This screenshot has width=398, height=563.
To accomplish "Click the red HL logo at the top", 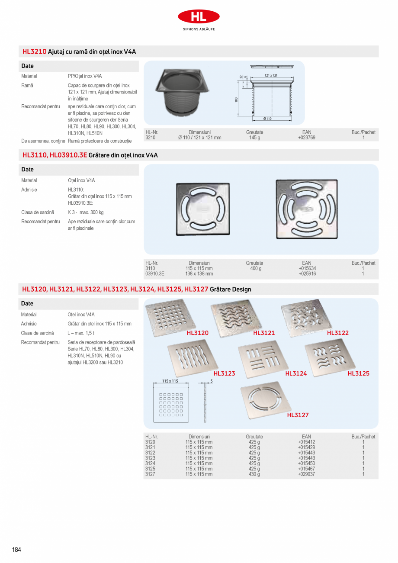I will click(x=199, y=17).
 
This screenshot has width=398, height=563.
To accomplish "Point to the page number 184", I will click(x=16, y=550).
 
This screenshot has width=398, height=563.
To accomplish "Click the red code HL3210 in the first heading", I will click(x=34, y=51).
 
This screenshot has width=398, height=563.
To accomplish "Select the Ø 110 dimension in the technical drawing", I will click(x=267, y=119).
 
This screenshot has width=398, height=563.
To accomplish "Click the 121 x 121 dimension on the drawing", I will click(x=271, y=75).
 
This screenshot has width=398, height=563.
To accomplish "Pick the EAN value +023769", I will click(x=306, y=138).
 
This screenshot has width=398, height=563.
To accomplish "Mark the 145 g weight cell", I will click(x=254, y=138).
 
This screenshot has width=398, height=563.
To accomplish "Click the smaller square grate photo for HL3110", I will click(x=202, y=209).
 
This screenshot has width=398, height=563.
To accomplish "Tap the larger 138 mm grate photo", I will click(x=306, y=209).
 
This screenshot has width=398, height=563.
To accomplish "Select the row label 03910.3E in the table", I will click(x=155, y=273).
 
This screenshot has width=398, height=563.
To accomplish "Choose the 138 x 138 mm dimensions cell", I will click(x=199, y=273).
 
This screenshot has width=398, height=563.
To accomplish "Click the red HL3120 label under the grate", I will click(x=198, y=333).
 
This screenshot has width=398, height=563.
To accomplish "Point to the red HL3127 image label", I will click(x=298, y=415).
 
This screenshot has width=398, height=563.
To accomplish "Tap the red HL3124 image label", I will click(x=296, y=373).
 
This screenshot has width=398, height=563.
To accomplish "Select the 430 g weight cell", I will click(x=254, y=474).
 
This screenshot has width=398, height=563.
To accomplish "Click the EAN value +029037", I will click(x=306, y=474).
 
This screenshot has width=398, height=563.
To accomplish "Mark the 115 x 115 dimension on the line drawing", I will click(x=170, y=381).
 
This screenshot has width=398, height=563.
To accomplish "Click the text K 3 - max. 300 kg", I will click(x=86, y=212).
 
